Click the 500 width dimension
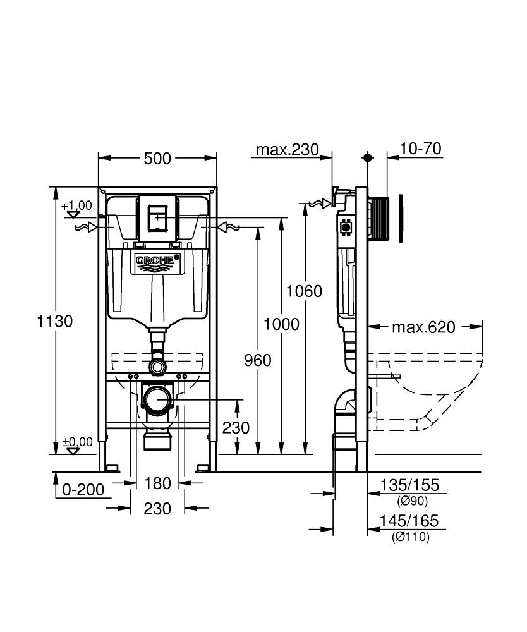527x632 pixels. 157,159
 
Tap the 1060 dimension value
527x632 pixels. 304,291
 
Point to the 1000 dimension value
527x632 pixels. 281,324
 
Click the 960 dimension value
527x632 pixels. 257,360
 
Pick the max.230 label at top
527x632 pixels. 284,150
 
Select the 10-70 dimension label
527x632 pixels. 420,149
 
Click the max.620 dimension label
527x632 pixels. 423,327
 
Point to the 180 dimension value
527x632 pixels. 157,483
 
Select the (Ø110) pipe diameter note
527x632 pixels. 411,537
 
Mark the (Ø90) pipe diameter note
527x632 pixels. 412,501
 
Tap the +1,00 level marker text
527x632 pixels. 76,205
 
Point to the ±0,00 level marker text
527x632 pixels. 76,442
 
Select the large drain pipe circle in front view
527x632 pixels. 157,399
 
